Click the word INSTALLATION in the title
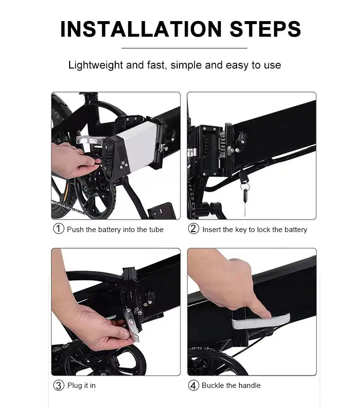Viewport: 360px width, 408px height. point(141,29)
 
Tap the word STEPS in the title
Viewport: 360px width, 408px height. point(265,29)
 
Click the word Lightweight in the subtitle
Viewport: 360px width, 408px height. point(96,65)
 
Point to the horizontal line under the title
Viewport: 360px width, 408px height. point(184,48)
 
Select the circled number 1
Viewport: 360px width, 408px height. point(59,229)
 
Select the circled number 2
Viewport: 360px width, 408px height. point(193,229)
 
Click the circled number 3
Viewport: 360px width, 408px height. point(59,385)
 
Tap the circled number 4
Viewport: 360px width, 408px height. point(193,385)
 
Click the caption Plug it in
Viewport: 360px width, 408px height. point(81,385)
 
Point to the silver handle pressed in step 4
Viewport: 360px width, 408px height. point(261,322)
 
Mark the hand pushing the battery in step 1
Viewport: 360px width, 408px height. point(73,159)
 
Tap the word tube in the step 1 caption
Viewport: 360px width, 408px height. point(156,230)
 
